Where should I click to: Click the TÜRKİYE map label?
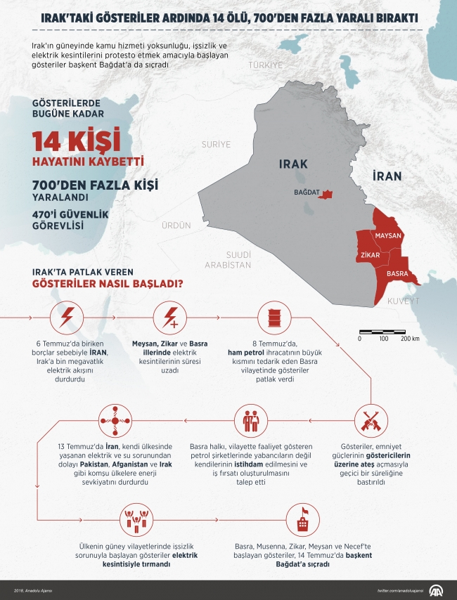pyautogui.click(x=264, y=65)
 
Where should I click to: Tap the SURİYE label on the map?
pyautogui.click(x=217, y=144)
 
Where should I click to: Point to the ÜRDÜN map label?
pyautogui.click(x=176, y=226)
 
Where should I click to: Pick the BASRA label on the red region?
pyautogui.click(x=397, y=273)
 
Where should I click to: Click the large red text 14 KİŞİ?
pyautogui.click(x=76, y=141)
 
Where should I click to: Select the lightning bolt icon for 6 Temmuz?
pyautogui.click(x=69, y=318)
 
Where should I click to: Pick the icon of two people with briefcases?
pyautogui.click(x=251, y=419)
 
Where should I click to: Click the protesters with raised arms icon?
pyautogui.click(x=136, y=519)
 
